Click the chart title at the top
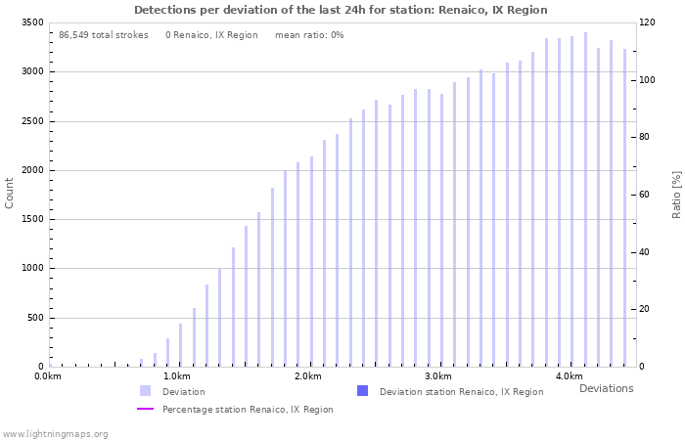pyautogui.click(x=341, y=10)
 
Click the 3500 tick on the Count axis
pyautogui.click(x=30, y=22)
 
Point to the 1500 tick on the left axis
pyautogui.click(x=30, y=219)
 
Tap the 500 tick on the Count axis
pyautogui.click(x=34, y=318)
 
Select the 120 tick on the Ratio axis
pyautogui.click(x=649, y=22)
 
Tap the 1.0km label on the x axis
pyautogui.click(x=176, y=376)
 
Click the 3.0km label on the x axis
pyautogui.click(x=437, y=376)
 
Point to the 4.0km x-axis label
pyautogui.click(x=569, y=376)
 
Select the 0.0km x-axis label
pyautogui.click(x=48, y=376)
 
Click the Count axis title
pyautogui.click(x=10, y=193)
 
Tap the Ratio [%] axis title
pyautogui.click(x=676, y=194)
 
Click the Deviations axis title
pyautogui.click(x=606, y=388)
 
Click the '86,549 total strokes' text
pyautogui.click(x=103, y=35)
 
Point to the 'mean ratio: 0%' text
pyautogui.click(x=309, y=35)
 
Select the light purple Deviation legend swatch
pyautogui.click(x=145, y=391)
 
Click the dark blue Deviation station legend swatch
pyautogui.click(x=362, y=391)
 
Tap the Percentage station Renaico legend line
pyautogui.click(x=145, y=410)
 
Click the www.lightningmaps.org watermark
pyautogui.click(x=56, y=434)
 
